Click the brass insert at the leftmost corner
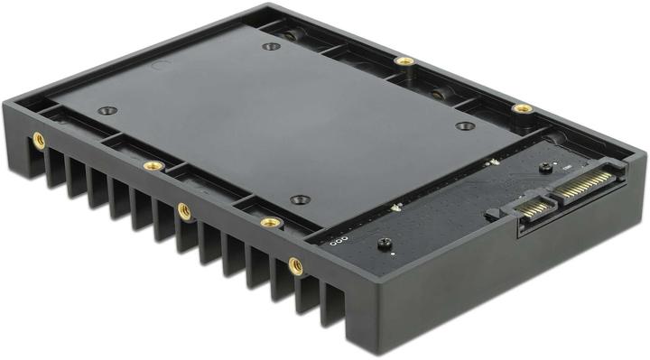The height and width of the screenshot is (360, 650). point(38,140)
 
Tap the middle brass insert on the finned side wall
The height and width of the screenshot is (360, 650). point(184,211)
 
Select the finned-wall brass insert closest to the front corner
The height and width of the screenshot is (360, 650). point(295,265)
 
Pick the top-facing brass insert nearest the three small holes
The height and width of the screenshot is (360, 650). point(268,221)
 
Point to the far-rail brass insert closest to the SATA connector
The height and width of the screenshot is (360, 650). point(522,108)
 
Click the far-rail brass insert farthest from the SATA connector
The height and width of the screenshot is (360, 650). point(405,61)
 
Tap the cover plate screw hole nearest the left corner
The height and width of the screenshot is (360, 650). point(107,111)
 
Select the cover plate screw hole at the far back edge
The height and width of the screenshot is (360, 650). point(268,46)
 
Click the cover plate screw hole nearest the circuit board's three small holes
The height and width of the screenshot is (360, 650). point(301,199)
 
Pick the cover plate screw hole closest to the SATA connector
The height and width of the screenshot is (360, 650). point(464,125)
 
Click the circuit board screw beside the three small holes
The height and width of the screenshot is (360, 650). point(383,244)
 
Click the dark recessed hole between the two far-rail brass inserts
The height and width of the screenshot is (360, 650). point(440,93)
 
